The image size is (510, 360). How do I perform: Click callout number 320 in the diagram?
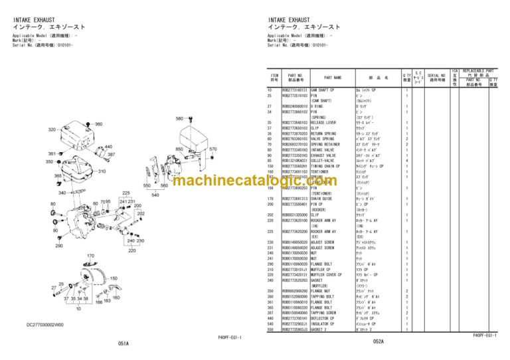tap(52, 130)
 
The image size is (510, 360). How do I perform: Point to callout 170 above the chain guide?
tap(90, 255)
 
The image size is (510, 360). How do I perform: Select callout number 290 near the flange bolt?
tap(59, 246)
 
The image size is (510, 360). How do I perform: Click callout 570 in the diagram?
tap(213, 149)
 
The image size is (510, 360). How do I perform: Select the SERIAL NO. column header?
tap(436, 78)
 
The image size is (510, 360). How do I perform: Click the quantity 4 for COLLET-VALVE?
tap(407, 160)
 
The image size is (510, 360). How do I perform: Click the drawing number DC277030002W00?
tap(46, 325)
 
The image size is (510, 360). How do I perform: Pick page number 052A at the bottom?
tap(378, 341)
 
